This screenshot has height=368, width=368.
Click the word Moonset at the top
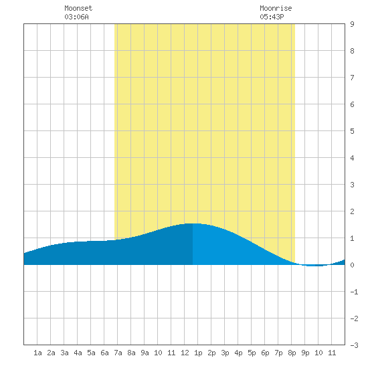(x=78, y=8)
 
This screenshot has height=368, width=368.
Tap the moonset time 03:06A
(x=76, y=17)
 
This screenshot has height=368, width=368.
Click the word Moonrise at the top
(x=276, y=8)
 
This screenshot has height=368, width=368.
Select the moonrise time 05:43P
(x=272, y=17)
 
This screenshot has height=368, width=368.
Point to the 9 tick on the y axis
(x=352, y=24)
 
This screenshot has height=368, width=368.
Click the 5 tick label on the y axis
(x=352, y=131)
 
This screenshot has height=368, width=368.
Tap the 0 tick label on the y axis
(x=352, y=265)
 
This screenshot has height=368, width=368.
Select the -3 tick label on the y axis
(x=354, y=345)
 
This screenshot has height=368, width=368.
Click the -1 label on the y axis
(x=354, y=292)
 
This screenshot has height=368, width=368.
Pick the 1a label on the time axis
(x=37, y=353)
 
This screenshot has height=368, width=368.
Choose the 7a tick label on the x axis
(x=118, y=353)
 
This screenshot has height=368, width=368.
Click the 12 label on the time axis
(x=185, y=353)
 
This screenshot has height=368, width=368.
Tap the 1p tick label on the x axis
(x=198, y=353)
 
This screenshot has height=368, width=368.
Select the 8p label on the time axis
(x=292, y=353)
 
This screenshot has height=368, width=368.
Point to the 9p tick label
(x=305, y=353)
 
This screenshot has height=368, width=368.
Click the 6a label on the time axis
(x=104, y=353)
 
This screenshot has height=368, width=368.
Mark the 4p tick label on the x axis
(x=238, y=353)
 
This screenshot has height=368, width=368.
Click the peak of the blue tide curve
(x=193, y=223)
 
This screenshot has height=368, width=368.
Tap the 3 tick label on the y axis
(x=352, y=185)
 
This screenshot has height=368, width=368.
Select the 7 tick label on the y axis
(x=352, y=78)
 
